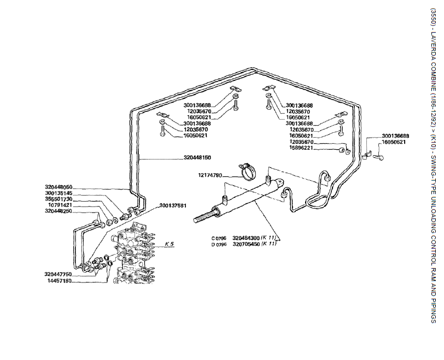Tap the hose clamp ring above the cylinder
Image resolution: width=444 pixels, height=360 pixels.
pos(244,171)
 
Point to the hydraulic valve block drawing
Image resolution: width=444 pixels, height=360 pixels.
pos(135,257)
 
